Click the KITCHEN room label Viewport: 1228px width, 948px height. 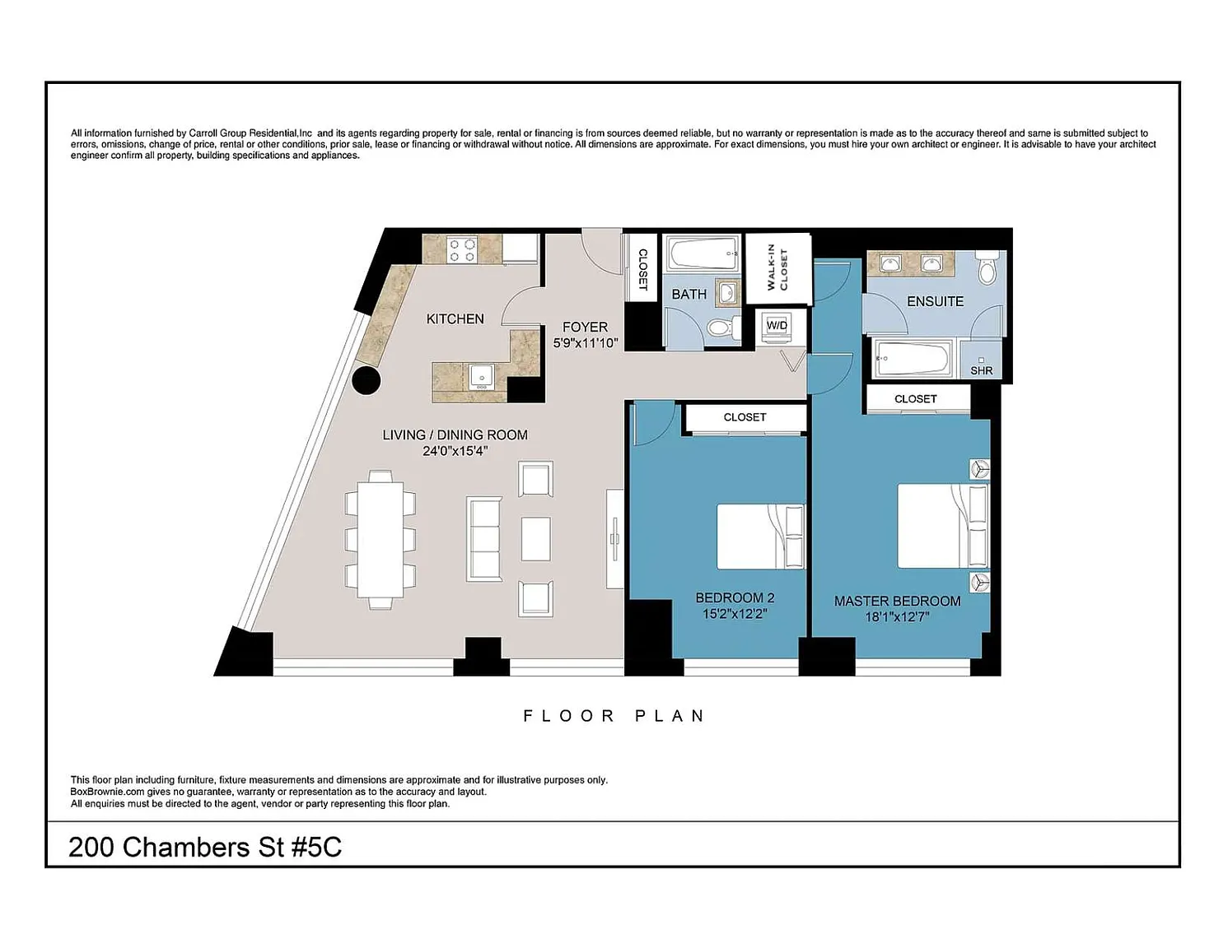(x=455, y=319)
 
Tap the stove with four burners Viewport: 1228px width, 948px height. (x=462, y=250)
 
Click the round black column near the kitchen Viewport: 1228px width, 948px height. (x=367, y=380)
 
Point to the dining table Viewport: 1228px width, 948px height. (x=381, y=539)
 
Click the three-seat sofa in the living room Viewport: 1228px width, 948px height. (x=484, y=539)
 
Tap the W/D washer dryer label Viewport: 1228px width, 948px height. (x=777, y=326)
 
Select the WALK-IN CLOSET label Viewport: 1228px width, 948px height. (x=777, y=267)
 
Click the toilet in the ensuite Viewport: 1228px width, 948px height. (x=988, y=269)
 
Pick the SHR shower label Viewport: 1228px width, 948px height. (x=982, y=371)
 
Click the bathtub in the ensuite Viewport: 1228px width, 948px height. (x=911, y=359)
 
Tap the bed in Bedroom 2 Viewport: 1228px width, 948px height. (x=760, y=537)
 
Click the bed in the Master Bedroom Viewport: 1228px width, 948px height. (x=942, y=526)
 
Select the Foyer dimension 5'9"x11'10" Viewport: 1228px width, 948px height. (x=586, y=343)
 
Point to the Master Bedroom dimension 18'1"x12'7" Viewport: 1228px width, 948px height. (x=898, y=617)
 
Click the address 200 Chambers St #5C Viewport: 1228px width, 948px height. (x=205, y=848)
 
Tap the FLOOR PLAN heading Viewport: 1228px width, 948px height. (x=614, y=716)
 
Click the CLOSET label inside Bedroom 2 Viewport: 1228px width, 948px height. (x=745, y=417)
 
